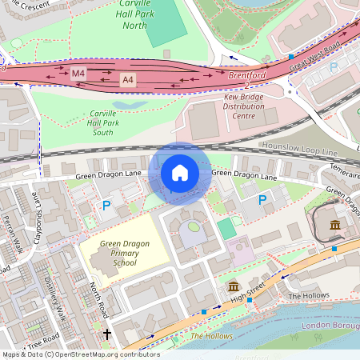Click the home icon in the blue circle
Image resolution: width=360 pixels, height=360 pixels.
tap(180, 173)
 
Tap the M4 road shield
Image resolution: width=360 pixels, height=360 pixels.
tap(78, 74)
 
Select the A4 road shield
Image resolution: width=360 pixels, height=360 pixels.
tap(128, 80)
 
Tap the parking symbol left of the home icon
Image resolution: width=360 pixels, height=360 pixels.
tap(106, 206)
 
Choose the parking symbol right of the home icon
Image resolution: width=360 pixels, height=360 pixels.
tap(262, 198)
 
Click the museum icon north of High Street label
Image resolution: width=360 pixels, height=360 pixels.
tap(233, 286)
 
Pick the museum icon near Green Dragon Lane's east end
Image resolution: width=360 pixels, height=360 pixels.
tap(334, 225)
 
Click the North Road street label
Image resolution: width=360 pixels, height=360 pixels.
tap(98, 297)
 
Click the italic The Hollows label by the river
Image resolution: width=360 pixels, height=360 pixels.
tap(210, 336)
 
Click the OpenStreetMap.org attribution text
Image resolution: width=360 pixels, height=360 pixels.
tap(80, 354)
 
